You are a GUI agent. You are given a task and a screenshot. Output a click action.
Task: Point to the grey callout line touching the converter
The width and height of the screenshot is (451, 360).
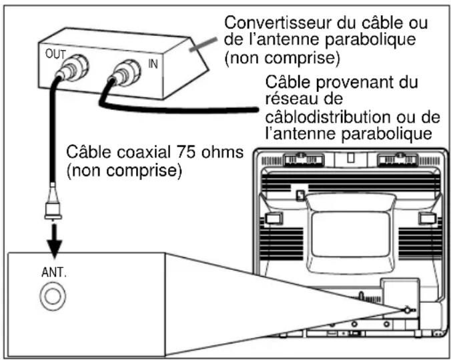pyautogui.click(x=204, y=41)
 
